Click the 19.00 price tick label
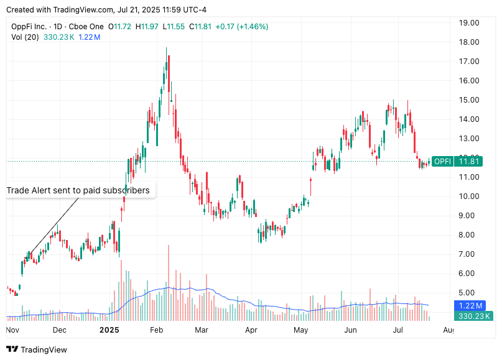(469, 23)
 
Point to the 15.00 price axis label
(469, 100)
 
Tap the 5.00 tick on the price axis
(469, 293)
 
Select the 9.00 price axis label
(469, 216)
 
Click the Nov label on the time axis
(13, 330)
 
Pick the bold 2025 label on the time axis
(109, 330)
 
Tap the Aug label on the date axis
(449, 330)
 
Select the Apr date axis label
(251, 330)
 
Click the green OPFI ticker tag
(442, 162)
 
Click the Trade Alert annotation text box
(78, 190)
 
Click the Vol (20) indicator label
(26, 37)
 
